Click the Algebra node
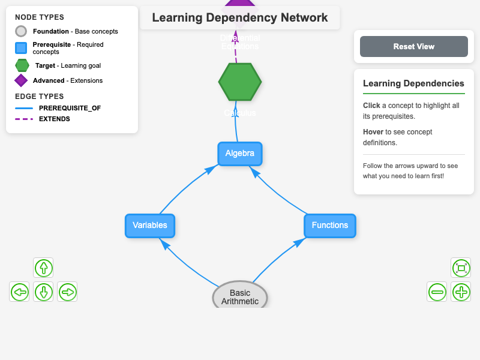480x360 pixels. coord(240,154)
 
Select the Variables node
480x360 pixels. coord(150,226)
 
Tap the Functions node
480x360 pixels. coord(330,226)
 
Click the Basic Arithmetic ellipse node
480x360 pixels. coord(240,297)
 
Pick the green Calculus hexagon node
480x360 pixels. coord(240,82)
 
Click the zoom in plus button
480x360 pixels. coord(461,292)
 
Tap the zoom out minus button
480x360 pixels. coord(437,292)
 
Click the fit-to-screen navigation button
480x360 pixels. coord(461,268)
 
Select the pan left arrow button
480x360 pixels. coord(20,292)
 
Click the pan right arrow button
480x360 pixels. coord(67,292)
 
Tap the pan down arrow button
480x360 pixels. coord(43,292)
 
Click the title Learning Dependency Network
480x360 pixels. coord(239,17)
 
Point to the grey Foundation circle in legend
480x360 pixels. coord(21,31)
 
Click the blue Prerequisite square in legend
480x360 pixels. coord(21,48)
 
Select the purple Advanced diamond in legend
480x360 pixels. coord(21,80)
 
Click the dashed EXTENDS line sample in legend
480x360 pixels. coord(24,119)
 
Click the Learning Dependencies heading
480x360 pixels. coord(413,83)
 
